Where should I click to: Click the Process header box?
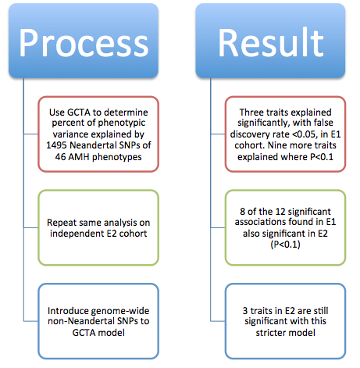click(84, 41)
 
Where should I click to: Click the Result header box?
click(270, 41)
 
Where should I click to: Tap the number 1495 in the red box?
click(56, 145)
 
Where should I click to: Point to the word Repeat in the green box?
click(62, 223)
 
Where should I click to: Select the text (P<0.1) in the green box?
click(285, 245)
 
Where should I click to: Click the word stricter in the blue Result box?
click(271, 333)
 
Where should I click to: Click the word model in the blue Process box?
click(113, 333)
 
